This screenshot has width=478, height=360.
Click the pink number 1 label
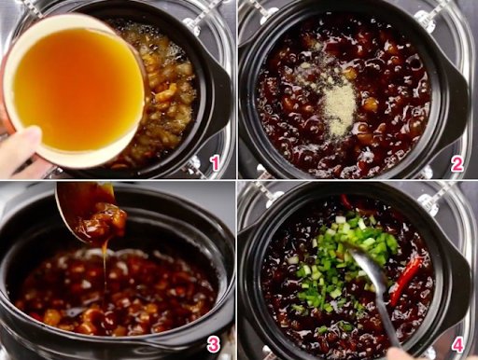point(215,163)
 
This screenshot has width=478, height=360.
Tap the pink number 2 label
point(457,163)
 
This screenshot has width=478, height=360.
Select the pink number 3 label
point(214,344)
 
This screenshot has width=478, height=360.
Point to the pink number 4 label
point(457,344)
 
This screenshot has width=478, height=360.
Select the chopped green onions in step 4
point(345,261)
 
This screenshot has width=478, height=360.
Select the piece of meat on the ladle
point(103,222)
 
